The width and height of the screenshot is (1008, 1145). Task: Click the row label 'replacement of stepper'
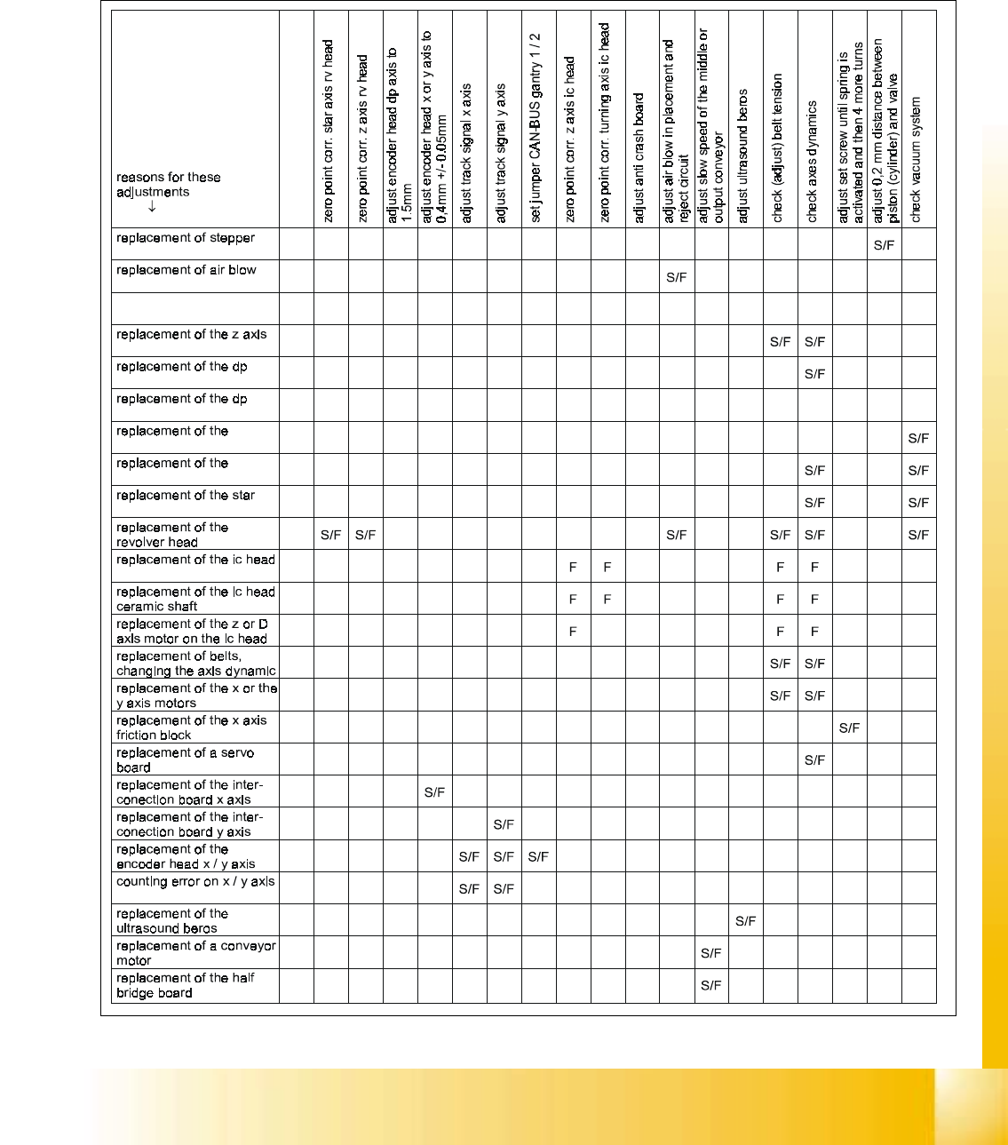tap(186, 238)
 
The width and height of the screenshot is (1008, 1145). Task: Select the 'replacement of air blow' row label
tap(187, 270)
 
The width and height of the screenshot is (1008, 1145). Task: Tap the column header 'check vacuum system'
tap(917, 160)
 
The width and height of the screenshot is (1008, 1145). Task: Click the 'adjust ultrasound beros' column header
tap(743, 155)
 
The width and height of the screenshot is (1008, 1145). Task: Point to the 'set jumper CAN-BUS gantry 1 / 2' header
tap(536, 128)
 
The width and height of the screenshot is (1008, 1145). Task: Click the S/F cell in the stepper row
tap(884, 245)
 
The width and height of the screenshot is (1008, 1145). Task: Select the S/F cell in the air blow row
tap(676, 277)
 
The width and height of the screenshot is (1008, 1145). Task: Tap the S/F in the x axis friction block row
tap(849, 728)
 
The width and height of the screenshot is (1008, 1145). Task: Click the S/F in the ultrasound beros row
tap(745, 921)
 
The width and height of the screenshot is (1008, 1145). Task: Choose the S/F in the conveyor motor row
tap(710, 953)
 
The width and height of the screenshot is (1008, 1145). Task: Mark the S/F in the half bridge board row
tap(710, 985)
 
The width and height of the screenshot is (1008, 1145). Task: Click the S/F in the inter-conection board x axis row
tap(434, 792)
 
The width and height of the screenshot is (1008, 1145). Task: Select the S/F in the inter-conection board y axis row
tap(504, 824)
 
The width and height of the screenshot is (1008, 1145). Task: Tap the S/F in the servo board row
tap(814, 759)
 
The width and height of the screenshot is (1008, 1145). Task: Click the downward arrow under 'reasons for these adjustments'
tap(152, 207)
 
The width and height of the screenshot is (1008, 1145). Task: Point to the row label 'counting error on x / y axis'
tap(195, 882)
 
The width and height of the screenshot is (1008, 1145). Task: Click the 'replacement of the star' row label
tap(186, 496)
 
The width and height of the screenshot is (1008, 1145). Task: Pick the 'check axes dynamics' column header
tap(812, 161)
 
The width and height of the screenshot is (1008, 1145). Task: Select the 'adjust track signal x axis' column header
tap(466, 154)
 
